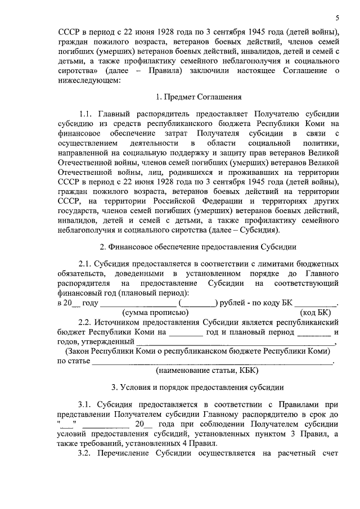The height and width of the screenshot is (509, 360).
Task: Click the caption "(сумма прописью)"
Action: tap(155, 313)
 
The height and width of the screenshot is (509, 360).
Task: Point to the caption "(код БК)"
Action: tap(316, 313)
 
